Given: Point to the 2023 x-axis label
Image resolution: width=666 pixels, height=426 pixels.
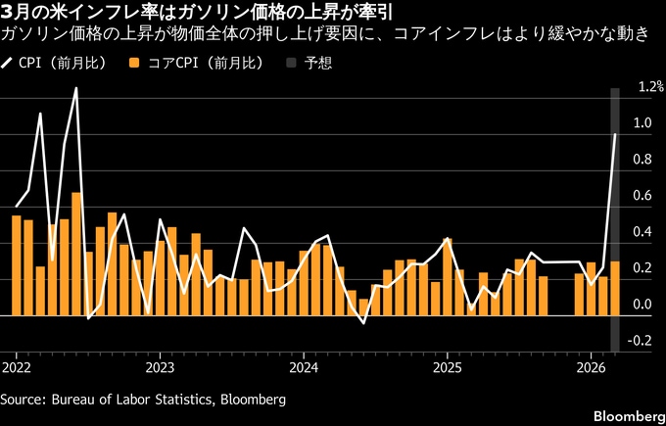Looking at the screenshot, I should (x=159, y=368).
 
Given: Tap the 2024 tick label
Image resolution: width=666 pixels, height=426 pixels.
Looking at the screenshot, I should (x=303, y=368).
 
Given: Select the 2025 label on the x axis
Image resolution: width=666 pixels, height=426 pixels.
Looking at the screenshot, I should (x=447, y=368).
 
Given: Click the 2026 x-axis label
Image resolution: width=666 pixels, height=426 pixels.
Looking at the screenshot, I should (x=591, y=368).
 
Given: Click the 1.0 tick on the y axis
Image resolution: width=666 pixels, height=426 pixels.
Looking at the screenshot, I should (x=642, y=123).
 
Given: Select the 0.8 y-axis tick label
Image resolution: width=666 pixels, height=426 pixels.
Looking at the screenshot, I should (x=642, y=160).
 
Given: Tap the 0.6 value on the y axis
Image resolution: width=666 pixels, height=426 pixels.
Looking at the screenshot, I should (x=642, y=196).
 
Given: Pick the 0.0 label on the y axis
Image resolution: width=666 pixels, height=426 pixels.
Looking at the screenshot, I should (x=642, y=305).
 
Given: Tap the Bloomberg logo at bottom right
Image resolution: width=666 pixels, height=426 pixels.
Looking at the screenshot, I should (x=621, y=408).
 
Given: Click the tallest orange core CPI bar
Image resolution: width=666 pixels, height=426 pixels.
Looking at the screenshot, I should (x=76, y=254).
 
